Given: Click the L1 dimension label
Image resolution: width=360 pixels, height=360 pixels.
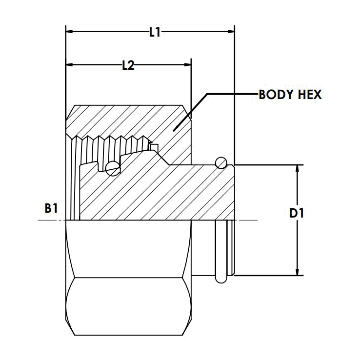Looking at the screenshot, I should (x=155, y=33).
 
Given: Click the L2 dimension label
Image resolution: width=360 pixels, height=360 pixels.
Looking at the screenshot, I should (x=128, y=65).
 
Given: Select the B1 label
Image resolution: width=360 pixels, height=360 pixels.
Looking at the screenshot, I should (x=51, y=209).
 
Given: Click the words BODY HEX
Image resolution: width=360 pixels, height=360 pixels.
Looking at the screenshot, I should (x=290, y=95).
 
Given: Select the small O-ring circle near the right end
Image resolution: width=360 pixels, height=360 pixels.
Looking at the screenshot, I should (x=221, y=161).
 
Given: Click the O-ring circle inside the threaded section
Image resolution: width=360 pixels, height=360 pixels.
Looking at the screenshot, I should (x=113, y=169).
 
